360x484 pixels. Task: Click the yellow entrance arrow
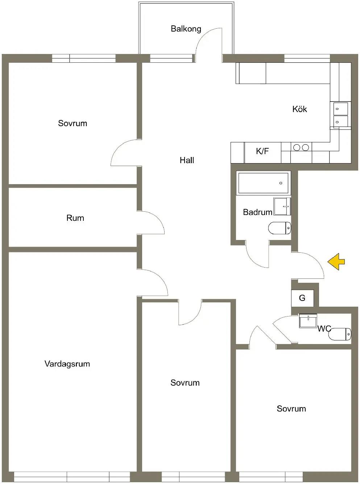(x=336, y=262)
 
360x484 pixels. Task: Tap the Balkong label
(x=186, y=29)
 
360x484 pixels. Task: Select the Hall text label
(x=187, y=160)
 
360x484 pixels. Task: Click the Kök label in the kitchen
(x=299, y=109)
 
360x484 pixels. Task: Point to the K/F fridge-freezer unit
(x=262, y=153)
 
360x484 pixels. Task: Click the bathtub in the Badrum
(x=263, y=183)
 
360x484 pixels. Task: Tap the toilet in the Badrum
(x=280, y=228)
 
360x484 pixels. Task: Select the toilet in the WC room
(x=340, y=334)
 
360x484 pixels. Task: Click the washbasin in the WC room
(x=308, y=321)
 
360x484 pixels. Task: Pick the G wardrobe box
(x=302, y=298)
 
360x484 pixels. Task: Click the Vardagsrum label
(x=67, y=364)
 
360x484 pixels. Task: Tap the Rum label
(x=75, y=218)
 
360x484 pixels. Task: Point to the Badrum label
(x=258, y=212)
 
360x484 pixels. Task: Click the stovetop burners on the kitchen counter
(x=301, y=148)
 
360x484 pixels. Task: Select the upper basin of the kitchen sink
(x=340, y=109)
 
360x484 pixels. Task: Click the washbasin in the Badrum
(x=282, y=206)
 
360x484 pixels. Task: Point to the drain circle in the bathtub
(x=281, y=183)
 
